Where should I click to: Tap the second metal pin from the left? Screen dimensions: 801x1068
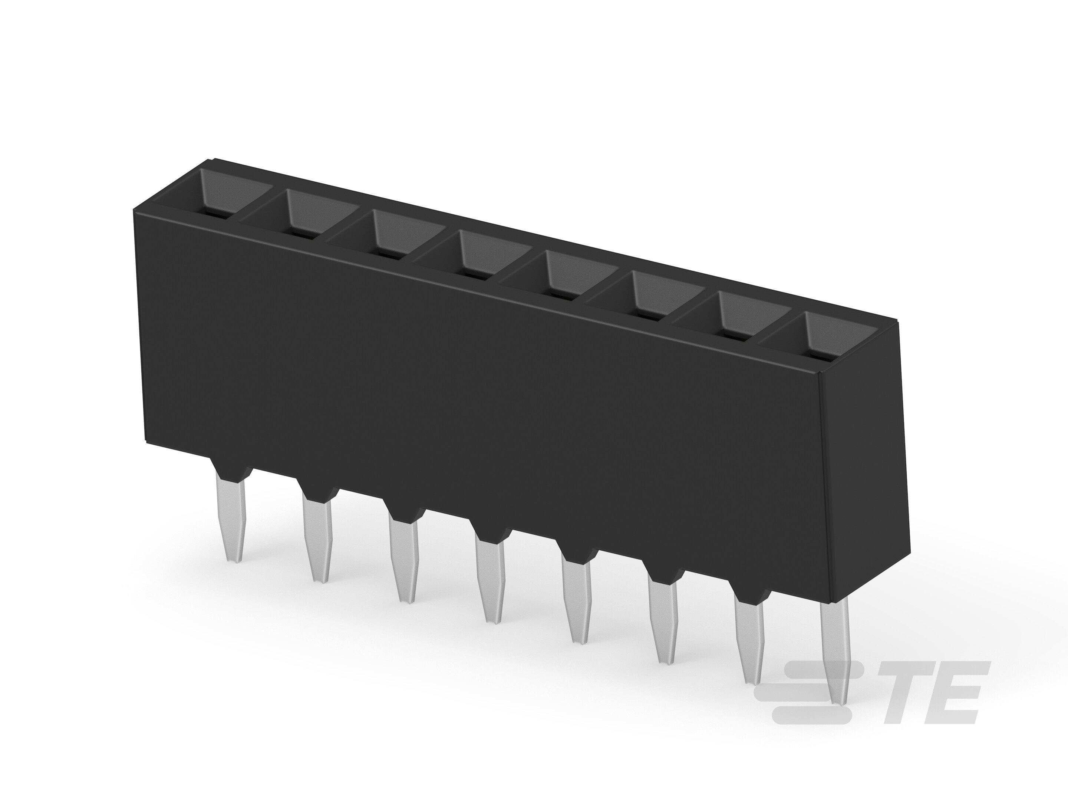[x=318, y=538]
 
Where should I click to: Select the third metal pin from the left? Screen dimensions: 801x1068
[x=403, y=560]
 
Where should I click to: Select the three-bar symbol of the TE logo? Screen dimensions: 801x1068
[x=816, y=696]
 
